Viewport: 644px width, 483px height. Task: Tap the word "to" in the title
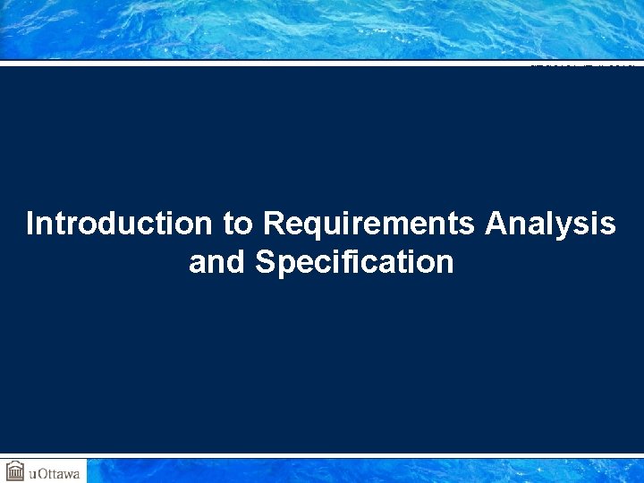pos(238,224)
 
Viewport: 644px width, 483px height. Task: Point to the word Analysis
pos(550,224)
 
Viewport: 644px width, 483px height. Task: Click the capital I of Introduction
pos(31,224)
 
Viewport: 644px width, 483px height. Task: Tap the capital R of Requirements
pos(274,224)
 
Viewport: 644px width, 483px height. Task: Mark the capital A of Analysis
pos(496,224)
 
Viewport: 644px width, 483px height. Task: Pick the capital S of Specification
pos(265,263)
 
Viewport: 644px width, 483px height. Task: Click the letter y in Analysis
pos(579,227)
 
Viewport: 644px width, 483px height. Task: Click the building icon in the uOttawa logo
pos(15,470)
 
